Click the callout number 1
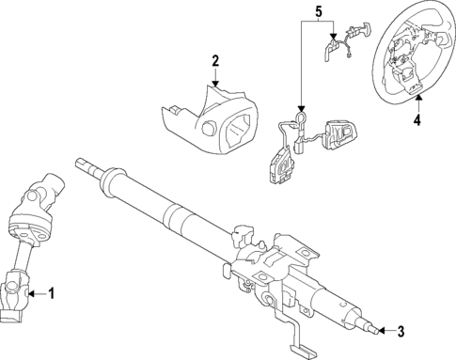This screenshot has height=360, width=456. click(52, 294)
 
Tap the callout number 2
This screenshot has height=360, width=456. click(215, 62)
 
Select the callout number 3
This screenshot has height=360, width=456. click(401, 331)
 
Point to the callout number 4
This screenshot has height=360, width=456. click(417, 119)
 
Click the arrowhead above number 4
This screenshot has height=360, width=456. click(417, 98)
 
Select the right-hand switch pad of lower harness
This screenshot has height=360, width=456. click(338, 131)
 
